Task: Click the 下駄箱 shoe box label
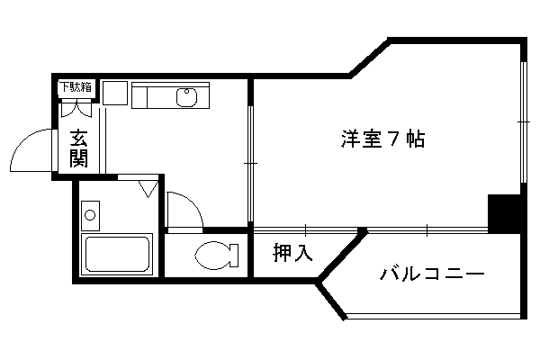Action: [x=76, y=87]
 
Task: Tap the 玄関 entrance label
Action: [x=79, y=148]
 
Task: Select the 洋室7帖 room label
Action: [x=382, y=139]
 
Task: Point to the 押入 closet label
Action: [x=292, y=253]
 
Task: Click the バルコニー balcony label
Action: [x=432, y=274]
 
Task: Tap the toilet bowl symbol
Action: [x=216, y=256]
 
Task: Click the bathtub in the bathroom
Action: [x=117, y=254]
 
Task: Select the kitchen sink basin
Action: [x=186, y=97]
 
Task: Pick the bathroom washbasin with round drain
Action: [x=90, y=216]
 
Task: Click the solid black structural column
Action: [x=504, y=214]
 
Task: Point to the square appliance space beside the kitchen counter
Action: [x=115, y=93]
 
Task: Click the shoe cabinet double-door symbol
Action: [x=76, y=109]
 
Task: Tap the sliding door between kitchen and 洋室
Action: [x=250, y=165]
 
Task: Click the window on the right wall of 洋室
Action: [x=524, y=122]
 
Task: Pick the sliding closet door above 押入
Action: [x=306, y=230]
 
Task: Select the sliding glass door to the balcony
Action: [x=427, y=230]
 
